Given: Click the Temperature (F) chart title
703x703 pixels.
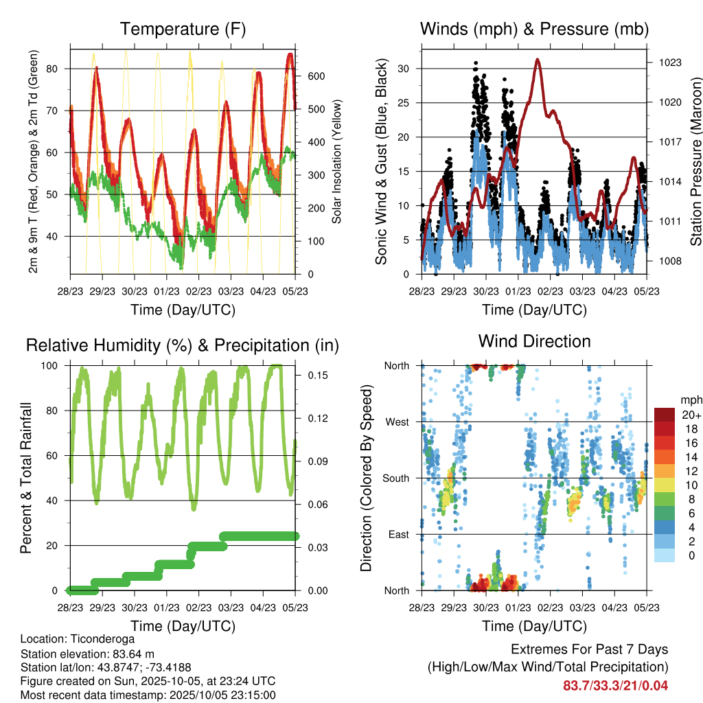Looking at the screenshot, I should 183,29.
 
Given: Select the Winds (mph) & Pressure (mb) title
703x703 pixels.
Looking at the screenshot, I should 534,29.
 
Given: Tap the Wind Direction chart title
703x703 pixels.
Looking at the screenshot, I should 534,341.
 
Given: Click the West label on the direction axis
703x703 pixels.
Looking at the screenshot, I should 397,422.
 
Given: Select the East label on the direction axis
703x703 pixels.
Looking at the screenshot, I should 398,534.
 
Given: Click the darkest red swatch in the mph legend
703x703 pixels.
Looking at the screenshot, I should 664,415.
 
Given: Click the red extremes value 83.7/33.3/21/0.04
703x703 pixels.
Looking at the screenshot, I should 615,685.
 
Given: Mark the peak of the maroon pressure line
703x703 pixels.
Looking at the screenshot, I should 538,60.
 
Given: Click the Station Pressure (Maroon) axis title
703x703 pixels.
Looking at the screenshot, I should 695,152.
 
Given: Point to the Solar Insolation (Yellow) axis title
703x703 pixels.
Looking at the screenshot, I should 336,161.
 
